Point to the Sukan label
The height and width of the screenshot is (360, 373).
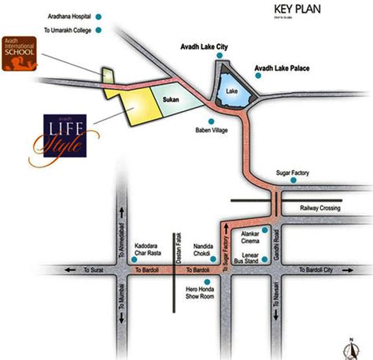click(x=172, y=101)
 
